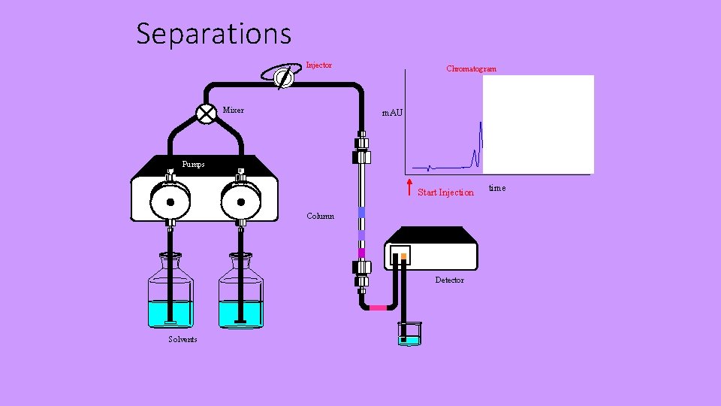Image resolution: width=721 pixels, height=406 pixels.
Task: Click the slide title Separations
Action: click(213, 34)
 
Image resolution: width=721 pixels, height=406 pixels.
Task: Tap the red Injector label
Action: click(318, 65)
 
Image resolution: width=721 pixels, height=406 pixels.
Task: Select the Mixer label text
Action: click(233, 111)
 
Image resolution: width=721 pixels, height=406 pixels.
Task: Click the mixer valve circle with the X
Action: click(206, 113)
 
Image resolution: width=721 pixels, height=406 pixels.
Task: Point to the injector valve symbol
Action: click(283, 76)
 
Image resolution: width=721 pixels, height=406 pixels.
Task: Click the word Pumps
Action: click(193, 164)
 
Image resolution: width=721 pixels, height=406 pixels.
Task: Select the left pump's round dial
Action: click(170, 201)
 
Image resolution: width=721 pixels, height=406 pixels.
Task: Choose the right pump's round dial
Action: click(241, 201)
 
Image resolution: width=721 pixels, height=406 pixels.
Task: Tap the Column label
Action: click(321, 217)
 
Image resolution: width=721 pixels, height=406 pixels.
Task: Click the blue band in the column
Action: click(361, 213)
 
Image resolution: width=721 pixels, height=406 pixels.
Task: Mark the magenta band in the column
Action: click(361, 253)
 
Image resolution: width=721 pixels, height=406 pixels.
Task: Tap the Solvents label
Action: click(183, 340)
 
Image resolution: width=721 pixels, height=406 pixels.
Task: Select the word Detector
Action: click(449, 280)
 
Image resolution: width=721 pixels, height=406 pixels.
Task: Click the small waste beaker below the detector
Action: click(409, 334)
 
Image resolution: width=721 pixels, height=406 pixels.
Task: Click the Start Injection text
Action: click(445, 192)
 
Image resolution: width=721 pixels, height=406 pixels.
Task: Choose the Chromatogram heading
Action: click(471, 69)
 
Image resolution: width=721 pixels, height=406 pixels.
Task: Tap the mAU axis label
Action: click(392, 113)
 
